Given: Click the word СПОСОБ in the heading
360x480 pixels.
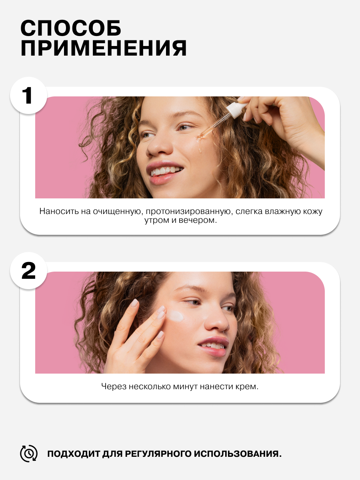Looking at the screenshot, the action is pyautogui.click(x=71, y=28).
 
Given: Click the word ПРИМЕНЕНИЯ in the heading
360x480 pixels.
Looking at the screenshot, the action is pyautogui.click(x=104, y=48).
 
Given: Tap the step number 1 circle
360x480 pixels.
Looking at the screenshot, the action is pyautogui.click(x=29, y=96).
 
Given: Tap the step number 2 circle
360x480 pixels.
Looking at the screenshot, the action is pyautogui.click(x=29, y=271).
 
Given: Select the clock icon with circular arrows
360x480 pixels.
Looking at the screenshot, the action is pyautogui.click(x=29, y=454).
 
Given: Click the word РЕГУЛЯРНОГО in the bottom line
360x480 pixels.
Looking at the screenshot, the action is pyautogui.click(x=158, y=454).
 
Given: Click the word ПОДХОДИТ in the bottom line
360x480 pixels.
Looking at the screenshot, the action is pyautogui.click(x=74, y=454).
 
